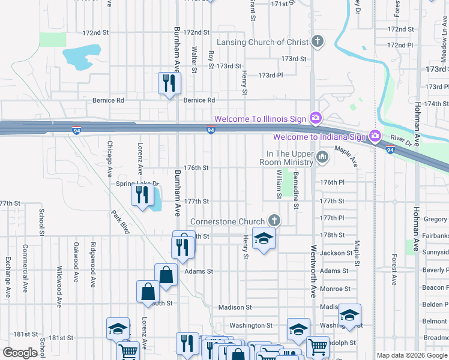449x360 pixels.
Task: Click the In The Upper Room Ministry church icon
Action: (x=323, y=158)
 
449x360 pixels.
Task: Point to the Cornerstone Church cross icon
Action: (x=275, y=221)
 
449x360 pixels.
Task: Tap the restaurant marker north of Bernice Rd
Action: (x=169, y=83)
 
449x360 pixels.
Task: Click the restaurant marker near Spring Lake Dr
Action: (x=142, y=194)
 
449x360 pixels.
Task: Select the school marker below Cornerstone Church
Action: (x=263, y=238)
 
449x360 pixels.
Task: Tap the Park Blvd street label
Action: (x=120, y=223)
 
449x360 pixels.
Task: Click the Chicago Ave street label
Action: (x=110, y=159)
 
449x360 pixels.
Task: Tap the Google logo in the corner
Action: (x=20, y=353)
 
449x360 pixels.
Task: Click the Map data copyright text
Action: (x=412, y=356)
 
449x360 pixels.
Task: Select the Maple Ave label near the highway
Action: (x=346, y=157)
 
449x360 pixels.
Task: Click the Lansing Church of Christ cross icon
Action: (x=318, y=42)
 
